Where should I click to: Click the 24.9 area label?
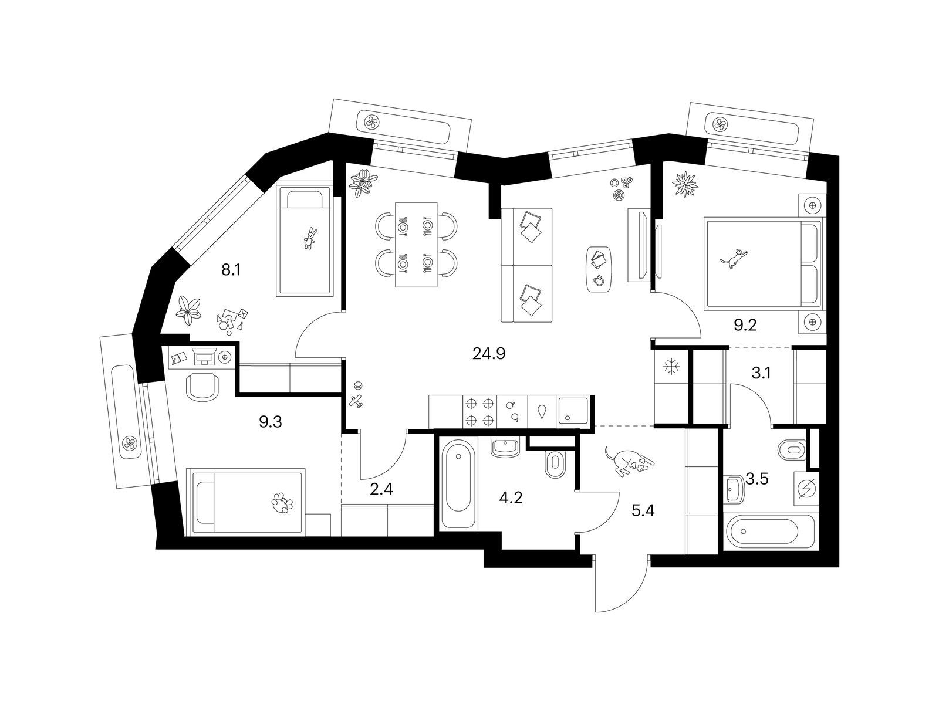[x=489, y=354]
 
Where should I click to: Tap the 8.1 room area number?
[x=231, y=270]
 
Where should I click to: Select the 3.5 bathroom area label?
[x=756, y=479]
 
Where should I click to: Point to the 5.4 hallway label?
[x=643, y=510]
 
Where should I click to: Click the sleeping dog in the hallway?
[x=629, y=461]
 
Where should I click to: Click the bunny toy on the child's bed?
[x=310, y=238]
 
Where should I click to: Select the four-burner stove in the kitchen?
[x=479, y=411]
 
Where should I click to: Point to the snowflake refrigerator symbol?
[x=670, y=367]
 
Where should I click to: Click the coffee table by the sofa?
[x=600, y=269]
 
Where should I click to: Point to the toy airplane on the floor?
[x=356, y=401]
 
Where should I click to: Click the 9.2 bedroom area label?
[x=746, y=326]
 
